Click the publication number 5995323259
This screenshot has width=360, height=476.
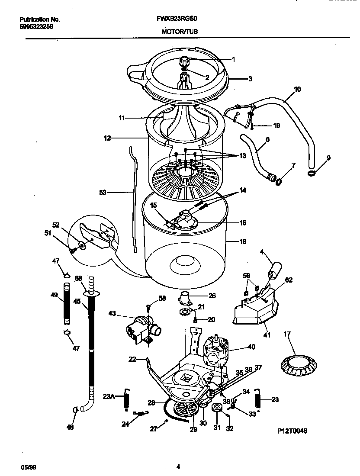click(36, 26)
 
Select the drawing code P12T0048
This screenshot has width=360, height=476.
click(292, 431)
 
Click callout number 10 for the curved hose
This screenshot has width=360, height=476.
click(297, 89)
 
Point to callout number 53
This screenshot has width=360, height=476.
click(103, 193)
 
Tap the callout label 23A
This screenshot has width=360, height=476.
click(108, 396)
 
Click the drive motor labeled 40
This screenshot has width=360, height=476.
click(216, 349)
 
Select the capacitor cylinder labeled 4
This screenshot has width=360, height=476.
click(275, 270)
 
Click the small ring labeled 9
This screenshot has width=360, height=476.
click(311, 173)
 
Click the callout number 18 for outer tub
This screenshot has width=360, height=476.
click(243, 241)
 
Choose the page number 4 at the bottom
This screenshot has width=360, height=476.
click(178, 467)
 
